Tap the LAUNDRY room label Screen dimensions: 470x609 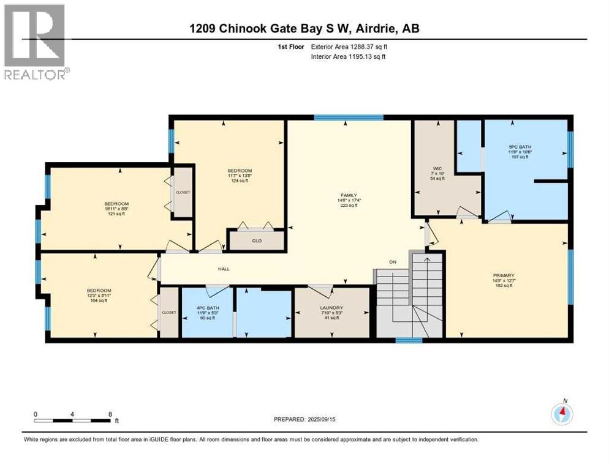[331, 307]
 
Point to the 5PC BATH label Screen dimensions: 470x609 [518, 146]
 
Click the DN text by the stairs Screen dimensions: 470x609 [393, 262]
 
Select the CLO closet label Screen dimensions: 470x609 [257, 241]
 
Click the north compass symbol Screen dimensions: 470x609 [562, 414]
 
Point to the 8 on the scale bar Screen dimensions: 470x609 [109, 414]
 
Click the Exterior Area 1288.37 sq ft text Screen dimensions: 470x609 [350, 47]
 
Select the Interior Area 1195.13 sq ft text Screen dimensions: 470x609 [349, 56]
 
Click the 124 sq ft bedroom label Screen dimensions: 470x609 [240, 171]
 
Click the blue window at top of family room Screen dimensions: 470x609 [348, 117]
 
